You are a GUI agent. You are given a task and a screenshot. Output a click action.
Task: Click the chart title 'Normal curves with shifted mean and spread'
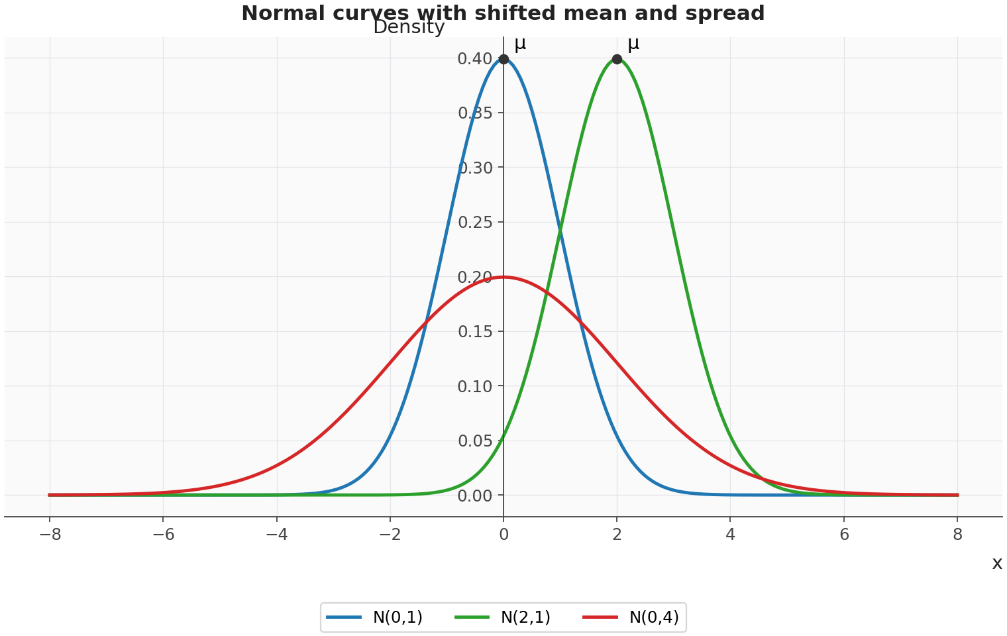503,13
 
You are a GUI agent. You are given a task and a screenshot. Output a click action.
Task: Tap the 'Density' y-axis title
409,27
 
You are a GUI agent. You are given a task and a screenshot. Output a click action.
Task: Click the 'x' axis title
997,562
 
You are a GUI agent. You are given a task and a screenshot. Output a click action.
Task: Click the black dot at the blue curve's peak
503,60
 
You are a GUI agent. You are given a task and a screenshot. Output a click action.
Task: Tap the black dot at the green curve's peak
617,60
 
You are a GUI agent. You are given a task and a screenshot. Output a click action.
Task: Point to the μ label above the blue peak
520,44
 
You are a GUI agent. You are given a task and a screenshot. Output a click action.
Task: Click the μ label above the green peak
633,44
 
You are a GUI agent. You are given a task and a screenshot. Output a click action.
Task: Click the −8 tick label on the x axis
50,535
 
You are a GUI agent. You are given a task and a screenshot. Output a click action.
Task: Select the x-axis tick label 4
731,535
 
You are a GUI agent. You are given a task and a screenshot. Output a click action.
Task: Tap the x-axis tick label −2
390,535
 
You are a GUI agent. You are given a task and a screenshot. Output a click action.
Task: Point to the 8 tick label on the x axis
957,535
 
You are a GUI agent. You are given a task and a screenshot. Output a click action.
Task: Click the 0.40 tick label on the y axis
475,58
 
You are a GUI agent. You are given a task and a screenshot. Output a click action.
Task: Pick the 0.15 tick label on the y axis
475,332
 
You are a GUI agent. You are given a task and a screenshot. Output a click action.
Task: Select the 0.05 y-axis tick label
475,441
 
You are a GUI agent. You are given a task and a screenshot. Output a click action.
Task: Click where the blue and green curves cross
560,231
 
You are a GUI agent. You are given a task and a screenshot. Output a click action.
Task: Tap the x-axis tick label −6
163,535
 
